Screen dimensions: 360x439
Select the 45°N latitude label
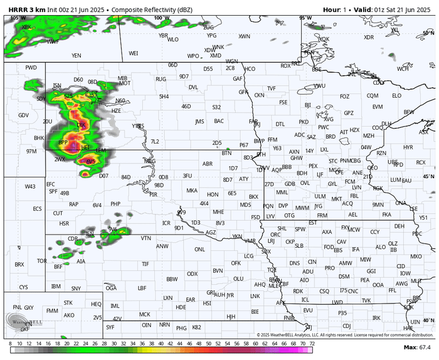[429, 176]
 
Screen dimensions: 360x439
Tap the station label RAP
[73, 204]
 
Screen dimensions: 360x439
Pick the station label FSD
[255, 217]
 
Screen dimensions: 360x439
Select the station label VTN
[145, 238]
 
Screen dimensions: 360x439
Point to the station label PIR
[153, 195]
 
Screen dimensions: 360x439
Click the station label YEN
[77, 56]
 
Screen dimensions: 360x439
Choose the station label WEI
[133, 53]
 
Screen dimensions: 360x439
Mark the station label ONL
[200, 249]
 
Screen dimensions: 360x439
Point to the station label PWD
[31, 67]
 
